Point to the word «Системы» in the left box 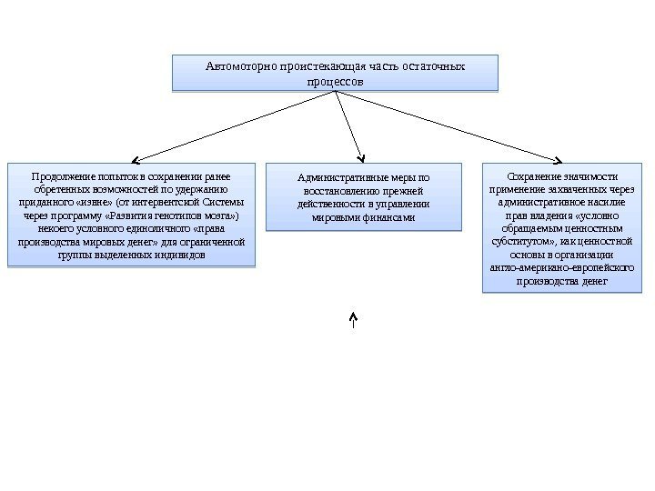[223, 203]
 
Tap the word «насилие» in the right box [604, 203]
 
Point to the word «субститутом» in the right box [522, 243]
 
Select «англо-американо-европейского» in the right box [561, 269]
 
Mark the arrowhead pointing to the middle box [361, 155]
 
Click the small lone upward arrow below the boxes [353, 318]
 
